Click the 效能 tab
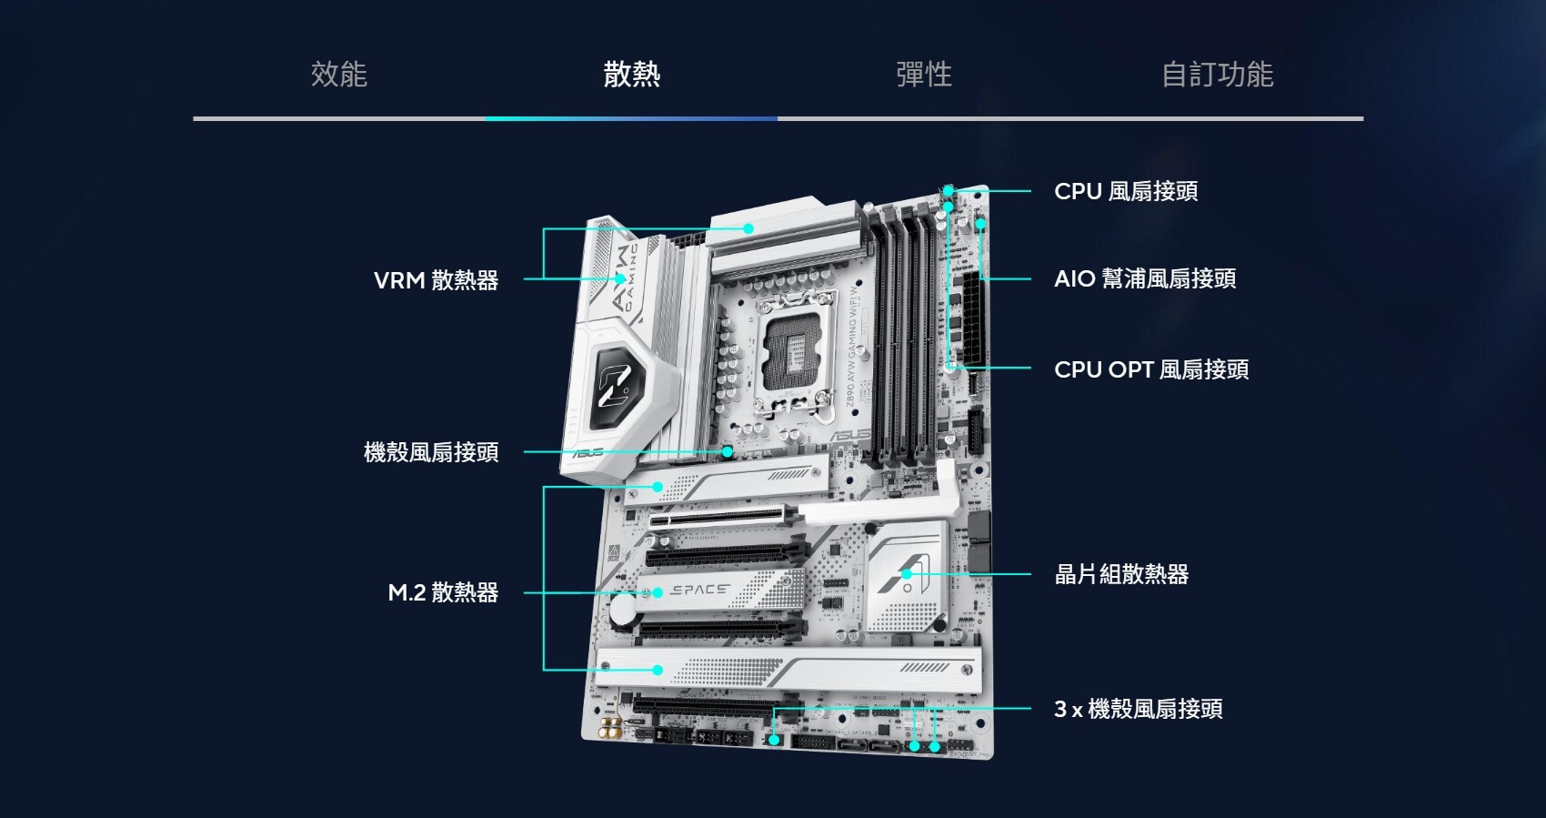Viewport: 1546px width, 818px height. click(x=338, y=75)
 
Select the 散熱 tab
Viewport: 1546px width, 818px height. click(x=631, y=75)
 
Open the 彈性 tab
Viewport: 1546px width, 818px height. click(x=924, y=75)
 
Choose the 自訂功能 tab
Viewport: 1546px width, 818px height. click(x=1217, y=75)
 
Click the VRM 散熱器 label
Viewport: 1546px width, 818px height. click(x=436, y=280)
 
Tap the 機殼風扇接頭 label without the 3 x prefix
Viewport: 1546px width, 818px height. click(x=431, y=452)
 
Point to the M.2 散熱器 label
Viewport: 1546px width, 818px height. click(x=443, y=593)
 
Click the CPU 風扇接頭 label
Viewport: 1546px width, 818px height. click(x=1126, y=192)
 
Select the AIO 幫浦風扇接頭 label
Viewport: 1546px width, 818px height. click(x=1145, y=279)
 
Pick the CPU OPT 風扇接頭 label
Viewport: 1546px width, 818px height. click(x=1151, y=369)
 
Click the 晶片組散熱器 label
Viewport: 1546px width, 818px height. click(x=1121, y=575)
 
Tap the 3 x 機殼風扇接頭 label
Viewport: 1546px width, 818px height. click(x=1138, y=710)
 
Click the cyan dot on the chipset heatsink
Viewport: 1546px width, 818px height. click(x=907, y=574)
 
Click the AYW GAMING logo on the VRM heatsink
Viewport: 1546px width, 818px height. click(x=627, y=278)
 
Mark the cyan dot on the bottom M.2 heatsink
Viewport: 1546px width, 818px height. click(x=658, y=671)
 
